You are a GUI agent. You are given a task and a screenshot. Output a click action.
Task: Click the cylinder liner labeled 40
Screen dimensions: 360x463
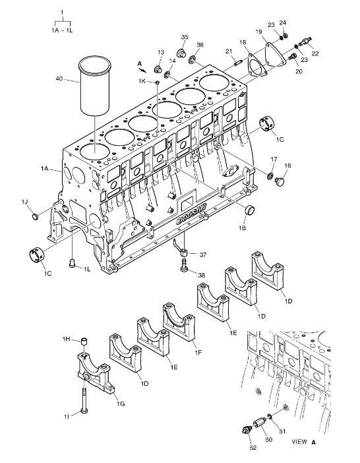pos(95,86)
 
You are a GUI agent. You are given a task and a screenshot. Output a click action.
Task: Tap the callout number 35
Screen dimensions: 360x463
pos(185,37)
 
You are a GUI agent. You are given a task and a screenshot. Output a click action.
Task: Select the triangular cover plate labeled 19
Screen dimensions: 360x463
pos(276,56)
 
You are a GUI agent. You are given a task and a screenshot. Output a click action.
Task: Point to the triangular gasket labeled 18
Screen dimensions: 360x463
pos(256,65)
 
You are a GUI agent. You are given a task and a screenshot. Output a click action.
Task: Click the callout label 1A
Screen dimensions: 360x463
pos(45,168)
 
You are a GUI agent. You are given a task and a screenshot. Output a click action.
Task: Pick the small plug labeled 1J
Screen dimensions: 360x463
pos(36,216)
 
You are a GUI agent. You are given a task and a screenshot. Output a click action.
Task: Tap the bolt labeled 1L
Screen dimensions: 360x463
pos(72,263)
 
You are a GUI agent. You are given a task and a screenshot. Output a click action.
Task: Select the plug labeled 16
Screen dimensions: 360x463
pos(280,181)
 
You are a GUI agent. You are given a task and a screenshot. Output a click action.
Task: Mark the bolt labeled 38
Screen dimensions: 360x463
pos(183,264)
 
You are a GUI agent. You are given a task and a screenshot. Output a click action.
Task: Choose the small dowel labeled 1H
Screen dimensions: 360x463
pos(84,342)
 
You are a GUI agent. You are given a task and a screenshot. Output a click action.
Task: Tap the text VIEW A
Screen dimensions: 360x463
pos(304,442)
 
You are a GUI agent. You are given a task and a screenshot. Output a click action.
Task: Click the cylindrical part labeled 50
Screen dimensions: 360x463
pos(258,423)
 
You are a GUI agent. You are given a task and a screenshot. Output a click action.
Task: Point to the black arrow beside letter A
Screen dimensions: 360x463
pos(143,70)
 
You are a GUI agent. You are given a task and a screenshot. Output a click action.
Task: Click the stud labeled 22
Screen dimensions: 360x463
pos(305,42)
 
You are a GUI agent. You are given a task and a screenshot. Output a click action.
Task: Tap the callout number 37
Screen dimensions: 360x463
pos(202,255)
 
